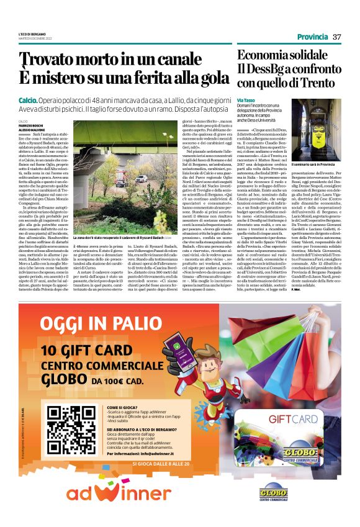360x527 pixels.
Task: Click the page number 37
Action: [x=337, y=37]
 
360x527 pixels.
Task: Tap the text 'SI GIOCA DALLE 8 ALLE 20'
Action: [x=161, y=464]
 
